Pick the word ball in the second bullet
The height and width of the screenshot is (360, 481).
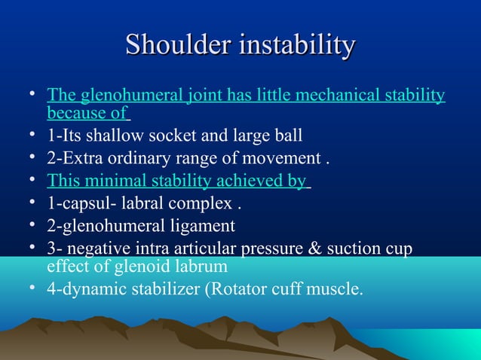click(x=289, y=136)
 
